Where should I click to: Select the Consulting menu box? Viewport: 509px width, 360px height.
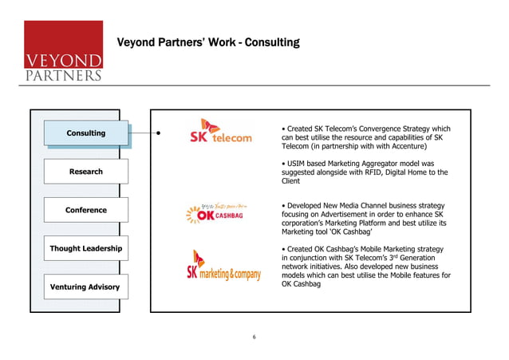(85, 133)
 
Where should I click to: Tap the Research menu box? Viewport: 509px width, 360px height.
(85, 172)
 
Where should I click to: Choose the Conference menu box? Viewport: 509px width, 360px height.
(85, 210)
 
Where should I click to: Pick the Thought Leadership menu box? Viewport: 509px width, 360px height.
(85, 248)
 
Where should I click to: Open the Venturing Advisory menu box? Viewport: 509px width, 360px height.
(85, 287)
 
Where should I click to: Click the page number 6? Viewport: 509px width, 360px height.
(254, 336)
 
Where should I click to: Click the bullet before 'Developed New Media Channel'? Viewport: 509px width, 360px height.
(285, 206)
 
